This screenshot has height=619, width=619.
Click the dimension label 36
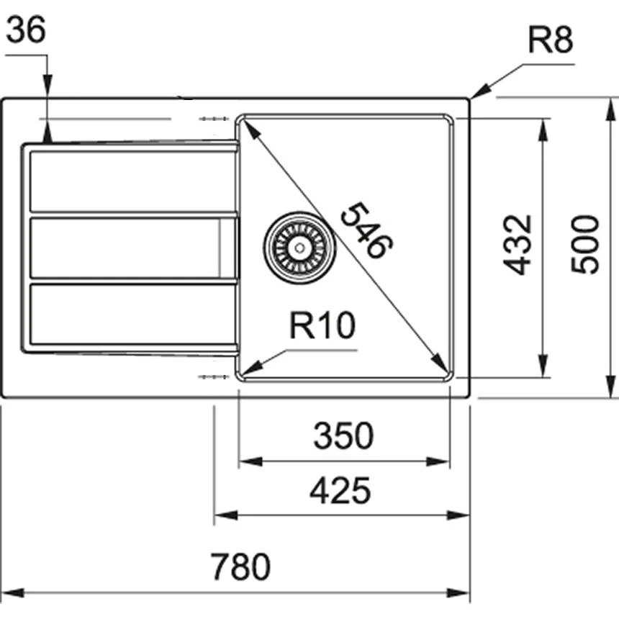coord(26,30)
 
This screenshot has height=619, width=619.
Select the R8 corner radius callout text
coord(551,40)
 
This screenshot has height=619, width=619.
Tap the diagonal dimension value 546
coord(366,230)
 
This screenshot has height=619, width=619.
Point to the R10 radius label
coord(322,325)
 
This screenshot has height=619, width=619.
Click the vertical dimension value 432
coord(518,245)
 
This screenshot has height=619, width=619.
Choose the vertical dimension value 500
coord(585,244)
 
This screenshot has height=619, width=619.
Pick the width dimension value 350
coord(343,435)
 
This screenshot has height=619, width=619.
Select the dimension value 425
coord(340,491)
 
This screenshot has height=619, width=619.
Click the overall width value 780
coord(240,566)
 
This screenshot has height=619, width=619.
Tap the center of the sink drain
coord(299,248)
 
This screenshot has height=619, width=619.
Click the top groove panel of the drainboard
coord(132,181)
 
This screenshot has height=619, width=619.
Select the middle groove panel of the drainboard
coord(132,248)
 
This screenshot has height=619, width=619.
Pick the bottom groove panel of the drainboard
coord(132,314)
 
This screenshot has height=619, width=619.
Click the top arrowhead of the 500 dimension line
coord(610,109)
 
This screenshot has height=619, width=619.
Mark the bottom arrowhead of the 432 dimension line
coord(543,366)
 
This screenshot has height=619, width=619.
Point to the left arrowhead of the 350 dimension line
coord(250,461)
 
